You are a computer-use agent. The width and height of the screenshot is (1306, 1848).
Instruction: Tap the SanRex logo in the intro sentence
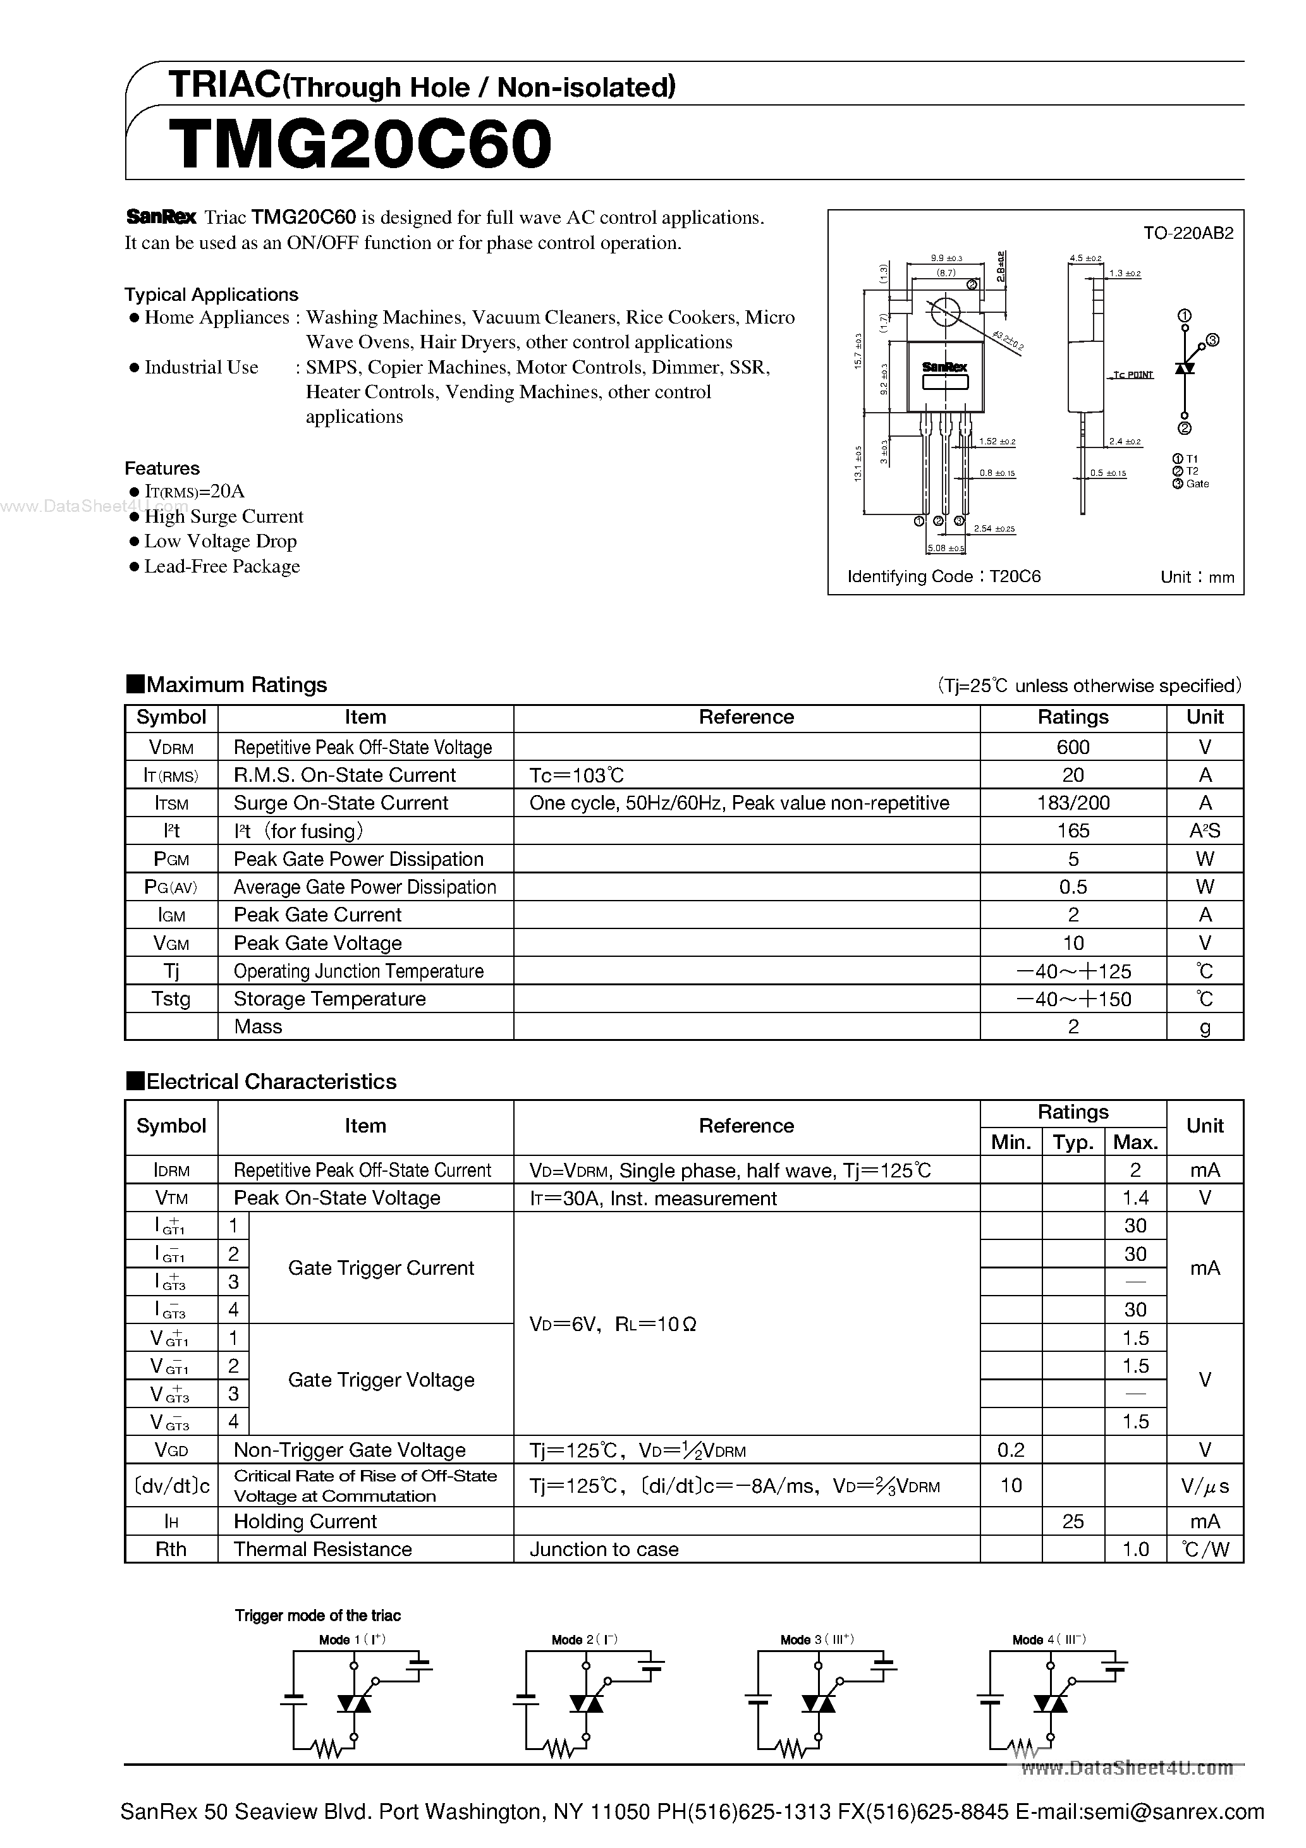[161, 217]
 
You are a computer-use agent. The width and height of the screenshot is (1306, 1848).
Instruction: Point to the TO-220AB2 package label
[1188, 233]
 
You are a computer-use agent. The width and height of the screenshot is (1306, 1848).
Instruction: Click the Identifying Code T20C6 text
[944, 576]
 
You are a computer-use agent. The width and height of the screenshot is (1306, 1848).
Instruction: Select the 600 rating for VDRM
[1073, 747]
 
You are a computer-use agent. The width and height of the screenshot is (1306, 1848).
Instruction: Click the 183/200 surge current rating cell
[1073, 803]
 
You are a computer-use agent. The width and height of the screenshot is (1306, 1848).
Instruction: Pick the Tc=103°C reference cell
[577, 775]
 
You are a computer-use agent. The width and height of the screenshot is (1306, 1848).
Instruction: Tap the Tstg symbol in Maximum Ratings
[171, 999]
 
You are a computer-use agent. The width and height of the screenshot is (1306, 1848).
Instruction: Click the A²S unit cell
[1205, 830]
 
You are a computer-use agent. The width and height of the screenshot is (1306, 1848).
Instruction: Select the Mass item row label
[258, 1026]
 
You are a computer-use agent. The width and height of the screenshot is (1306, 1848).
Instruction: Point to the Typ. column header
[1073, 1142]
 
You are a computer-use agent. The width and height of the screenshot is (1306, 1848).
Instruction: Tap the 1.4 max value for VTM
[1135, 1198]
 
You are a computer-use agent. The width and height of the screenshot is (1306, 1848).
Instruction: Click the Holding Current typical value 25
[1073, 1521]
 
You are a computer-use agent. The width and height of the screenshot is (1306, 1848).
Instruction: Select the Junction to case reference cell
[604, 1550]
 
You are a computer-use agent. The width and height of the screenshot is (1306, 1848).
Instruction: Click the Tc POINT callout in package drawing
[1133, 375]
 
